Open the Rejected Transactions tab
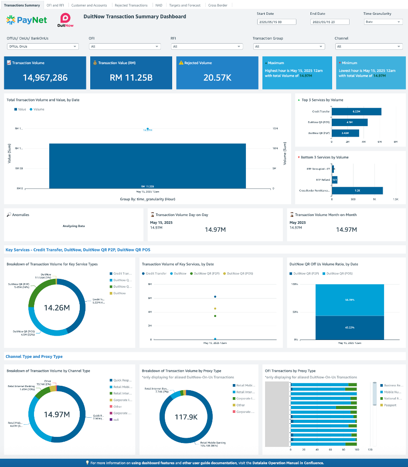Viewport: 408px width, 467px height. click(x=131, y=5)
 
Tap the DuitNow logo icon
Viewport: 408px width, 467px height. click(x=67, y=19)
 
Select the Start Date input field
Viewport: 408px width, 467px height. click(x=276, y=22)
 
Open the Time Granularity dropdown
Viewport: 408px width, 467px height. click(x=383, y=22)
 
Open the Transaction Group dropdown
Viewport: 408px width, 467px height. click(x=289, y=47)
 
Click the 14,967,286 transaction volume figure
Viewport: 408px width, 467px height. click(x=45, y=78)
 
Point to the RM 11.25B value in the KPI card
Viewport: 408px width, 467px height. click(x=131, y=78)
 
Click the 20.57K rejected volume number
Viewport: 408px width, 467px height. click(x=217, y=78)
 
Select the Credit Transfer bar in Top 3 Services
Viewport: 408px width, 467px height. click(x=357, y=112)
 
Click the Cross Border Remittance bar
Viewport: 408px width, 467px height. click(x=357, y=191)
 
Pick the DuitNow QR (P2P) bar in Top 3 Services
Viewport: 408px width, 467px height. click(x=345, y=133)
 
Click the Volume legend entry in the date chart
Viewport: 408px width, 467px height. click(x=37, y=110)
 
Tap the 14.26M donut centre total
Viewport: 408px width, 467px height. click(x=57, y=308)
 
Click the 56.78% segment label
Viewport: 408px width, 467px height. click(x=350, y=300)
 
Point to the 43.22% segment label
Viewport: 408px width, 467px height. click(x=350, y=327)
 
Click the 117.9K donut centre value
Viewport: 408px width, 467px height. click(x=186, y=417)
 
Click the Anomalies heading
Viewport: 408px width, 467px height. click(x=20, y=215)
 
